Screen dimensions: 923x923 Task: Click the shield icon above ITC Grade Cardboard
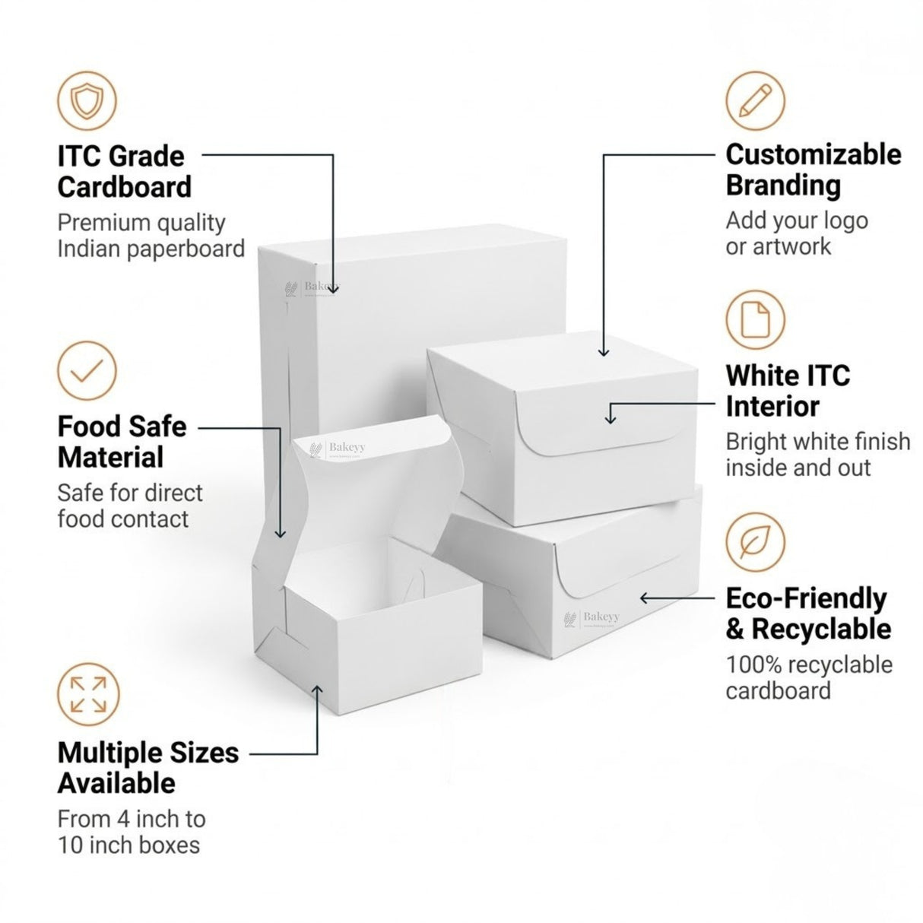pos(87,100)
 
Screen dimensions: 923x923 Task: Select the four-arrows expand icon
pos(87,694)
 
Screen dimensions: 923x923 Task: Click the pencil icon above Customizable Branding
pos(754,100)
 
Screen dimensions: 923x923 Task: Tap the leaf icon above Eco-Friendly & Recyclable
pos(754,542)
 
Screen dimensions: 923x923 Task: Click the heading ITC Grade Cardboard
pos(124,171)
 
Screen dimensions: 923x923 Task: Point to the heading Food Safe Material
pos(122,442)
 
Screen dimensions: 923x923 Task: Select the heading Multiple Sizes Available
pos(147,767)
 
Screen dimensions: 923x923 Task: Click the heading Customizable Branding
pos(813,169)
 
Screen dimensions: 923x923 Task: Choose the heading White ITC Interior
pos(787,390)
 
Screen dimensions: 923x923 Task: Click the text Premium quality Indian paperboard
pos(151,236)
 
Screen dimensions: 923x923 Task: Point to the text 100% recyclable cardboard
pos(808,677)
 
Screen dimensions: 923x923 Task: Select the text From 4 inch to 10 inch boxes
pos(131,832)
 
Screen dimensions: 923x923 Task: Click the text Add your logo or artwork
pos(796,233)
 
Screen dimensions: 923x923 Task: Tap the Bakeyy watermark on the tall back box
pos(312,287)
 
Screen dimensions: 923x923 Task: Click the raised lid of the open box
pos(373,487)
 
